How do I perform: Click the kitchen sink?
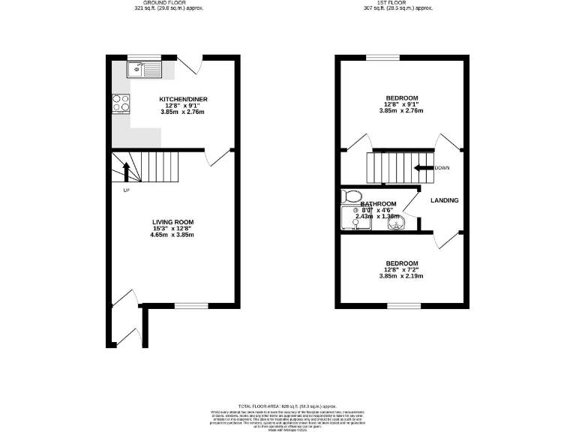coord(143,70)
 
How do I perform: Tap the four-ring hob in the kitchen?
coord(121,103)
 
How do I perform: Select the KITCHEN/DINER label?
coord(183,99)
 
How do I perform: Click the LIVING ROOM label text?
coord(172,222)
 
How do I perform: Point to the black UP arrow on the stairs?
coord(126,172)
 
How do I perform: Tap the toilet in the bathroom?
coord(349,196)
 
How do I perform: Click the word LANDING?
coord(444,200)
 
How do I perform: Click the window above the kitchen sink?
coord(144,56)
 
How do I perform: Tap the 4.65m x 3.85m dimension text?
coord(172,235)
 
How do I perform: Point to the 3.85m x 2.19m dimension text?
coord(400,276)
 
